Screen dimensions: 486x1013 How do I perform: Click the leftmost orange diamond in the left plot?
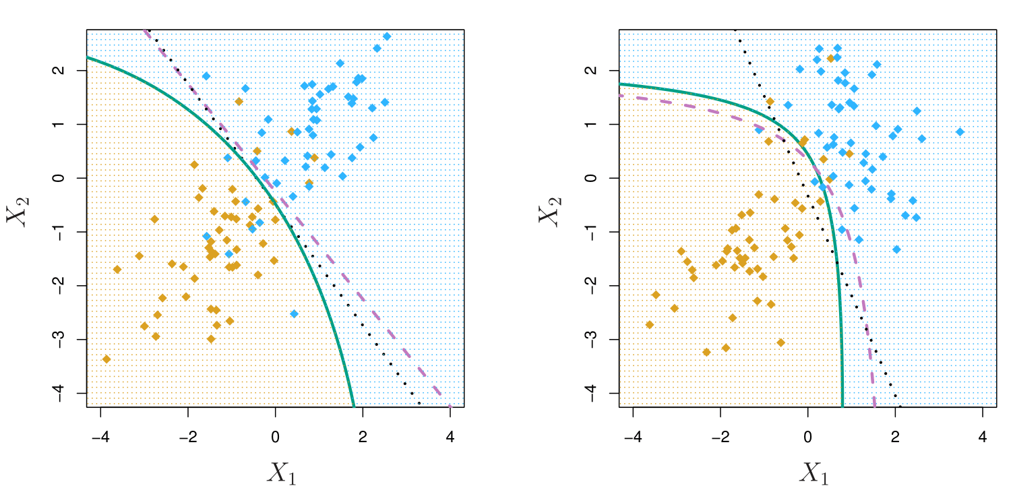[x=106, y=359]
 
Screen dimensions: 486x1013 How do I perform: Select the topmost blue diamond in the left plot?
[x=387, y=36]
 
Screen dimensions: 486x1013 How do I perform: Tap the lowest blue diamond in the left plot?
[x=294, y=313]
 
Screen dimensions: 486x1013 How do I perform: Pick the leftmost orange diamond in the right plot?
[x=650, y=325]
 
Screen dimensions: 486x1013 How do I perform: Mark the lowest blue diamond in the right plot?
[x=896, y=249]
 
